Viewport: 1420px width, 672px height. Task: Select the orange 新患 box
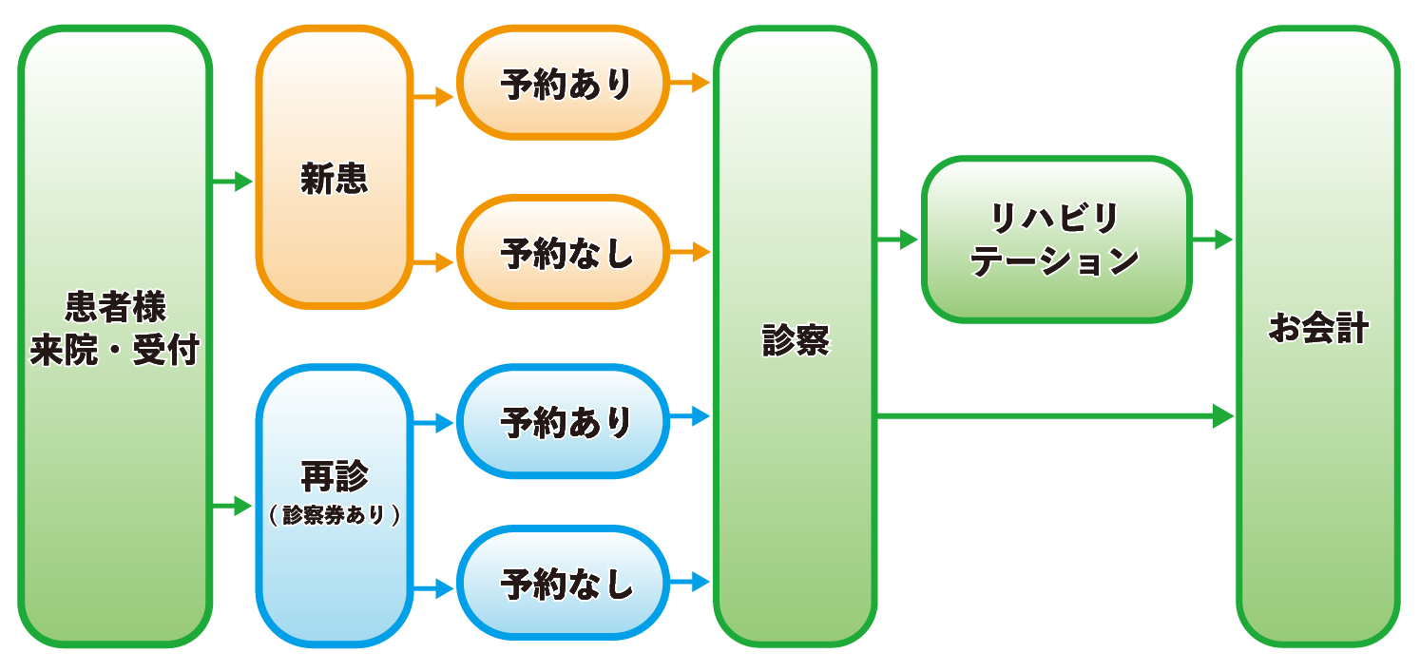click(334, 180)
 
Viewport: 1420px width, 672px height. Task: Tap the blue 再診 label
click(334, 475)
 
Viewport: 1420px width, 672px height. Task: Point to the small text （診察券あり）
click(334, 515)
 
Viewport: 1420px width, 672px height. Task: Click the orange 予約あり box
click(565, 84)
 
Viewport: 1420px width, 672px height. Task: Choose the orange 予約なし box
click(565, 253)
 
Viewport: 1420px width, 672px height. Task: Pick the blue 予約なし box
click(565, 584)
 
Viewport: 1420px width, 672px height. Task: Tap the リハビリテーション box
click(1056, 240)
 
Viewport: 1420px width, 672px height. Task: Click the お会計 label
click(1318, 330)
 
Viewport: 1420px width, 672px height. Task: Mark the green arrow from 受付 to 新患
click(233, 181)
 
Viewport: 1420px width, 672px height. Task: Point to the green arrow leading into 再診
click(233, 506)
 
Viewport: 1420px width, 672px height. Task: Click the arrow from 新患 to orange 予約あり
click(434, 96)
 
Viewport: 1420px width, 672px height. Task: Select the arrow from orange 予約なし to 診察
click(691, 253)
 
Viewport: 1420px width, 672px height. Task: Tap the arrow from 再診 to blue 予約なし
click(434, 589)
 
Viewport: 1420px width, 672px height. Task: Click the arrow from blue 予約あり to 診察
click(691, 415)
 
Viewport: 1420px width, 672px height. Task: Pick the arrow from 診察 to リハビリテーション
click(898, 240)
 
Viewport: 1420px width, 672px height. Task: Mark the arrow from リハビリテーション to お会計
click(1213, 240)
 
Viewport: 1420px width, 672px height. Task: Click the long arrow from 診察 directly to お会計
click(1055, 415)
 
